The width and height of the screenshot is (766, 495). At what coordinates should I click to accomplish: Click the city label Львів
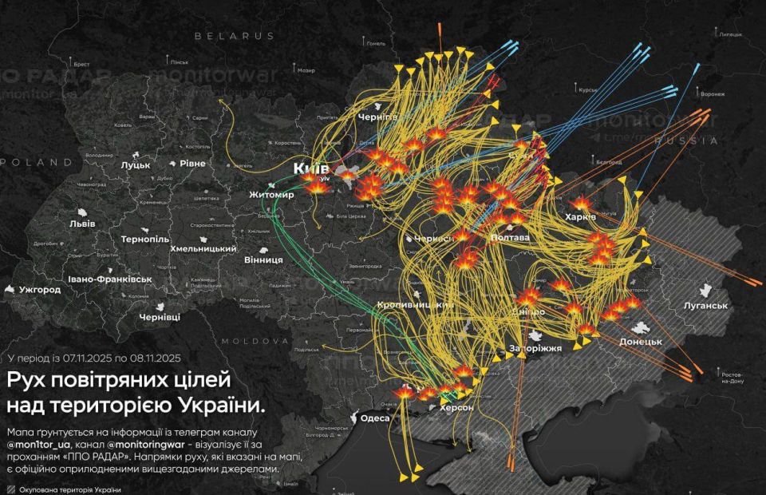tap(82, 224)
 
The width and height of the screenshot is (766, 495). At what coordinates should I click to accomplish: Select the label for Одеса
tap(375, 418)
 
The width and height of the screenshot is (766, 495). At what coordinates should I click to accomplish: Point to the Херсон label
tap(456, 407)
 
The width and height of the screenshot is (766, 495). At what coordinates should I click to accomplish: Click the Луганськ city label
tap(706, 306)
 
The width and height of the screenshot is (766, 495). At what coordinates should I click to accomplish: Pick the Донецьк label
tap(641, 342)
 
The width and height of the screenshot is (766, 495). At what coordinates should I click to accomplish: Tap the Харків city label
tap(580, 217)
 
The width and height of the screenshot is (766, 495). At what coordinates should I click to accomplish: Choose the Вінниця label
tap(263, 259)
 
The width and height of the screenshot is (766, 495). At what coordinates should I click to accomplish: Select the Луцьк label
tap(136, 164)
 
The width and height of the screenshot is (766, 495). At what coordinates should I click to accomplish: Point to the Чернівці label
tap(160, 317)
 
